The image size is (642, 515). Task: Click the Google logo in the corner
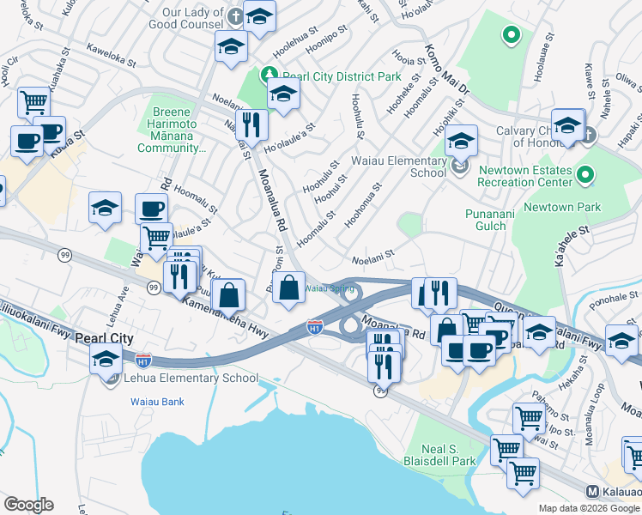28,505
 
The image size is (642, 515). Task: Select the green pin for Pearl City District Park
270,76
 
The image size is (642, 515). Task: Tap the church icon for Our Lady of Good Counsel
236,16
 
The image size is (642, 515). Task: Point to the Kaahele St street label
572,245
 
